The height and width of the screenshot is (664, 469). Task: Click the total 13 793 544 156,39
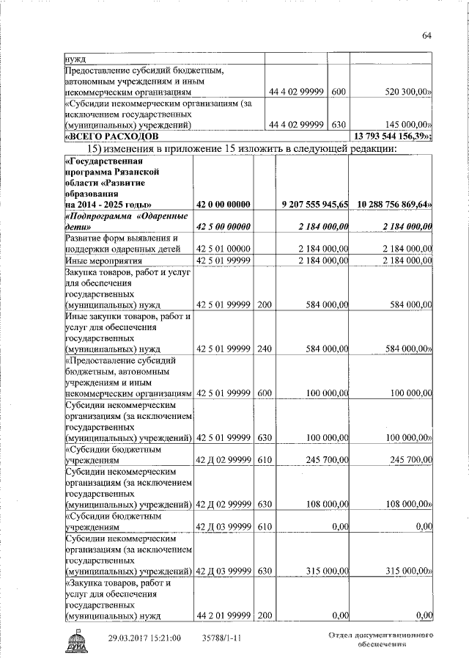point(392,136)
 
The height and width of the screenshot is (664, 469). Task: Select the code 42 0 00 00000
point(224,203)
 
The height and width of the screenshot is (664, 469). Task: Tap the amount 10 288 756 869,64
point(394,203)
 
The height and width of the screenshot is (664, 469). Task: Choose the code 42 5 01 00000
point(224,249)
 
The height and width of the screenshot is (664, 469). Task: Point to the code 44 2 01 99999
point(224,616)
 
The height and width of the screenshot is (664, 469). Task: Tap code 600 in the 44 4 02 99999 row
point(339,93)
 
